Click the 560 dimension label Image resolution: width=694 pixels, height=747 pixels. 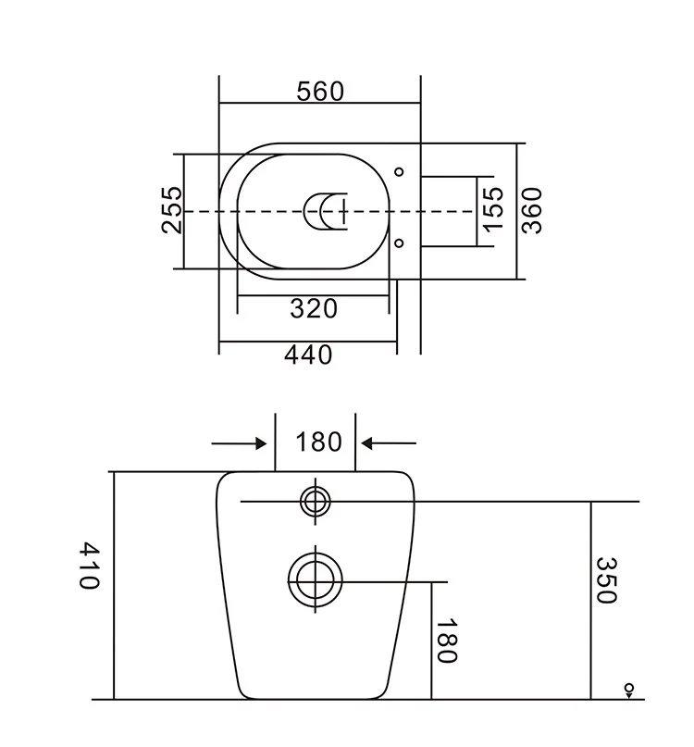coord(319,92)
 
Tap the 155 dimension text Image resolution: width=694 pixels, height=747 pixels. coord(493,209)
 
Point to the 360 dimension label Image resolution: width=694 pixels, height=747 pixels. coord(531,210)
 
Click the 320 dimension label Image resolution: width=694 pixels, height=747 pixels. coord(314,309)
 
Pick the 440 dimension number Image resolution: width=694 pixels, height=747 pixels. coord(308,355)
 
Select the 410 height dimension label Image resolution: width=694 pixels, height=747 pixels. coord(89,566)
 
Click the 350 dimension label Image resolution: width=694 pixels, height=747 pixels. coord(607,579)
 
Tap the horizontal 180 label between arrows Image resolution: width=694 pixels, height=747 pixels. coord(318,442)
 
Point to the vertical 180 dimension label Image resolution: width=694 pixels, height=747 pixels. coord(447,641)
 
